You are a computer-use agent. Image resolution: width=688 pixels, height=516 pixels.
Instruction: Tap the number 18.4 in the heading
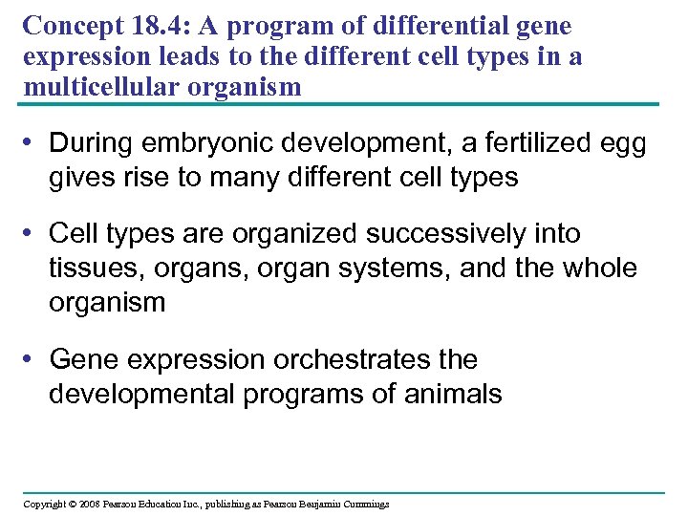point(159,24)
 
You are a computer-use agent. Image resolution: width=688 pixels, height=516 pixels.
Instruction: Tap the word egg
point(621,145)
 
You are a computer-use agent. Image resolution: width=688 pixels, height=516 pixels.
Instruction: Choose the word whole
point(599,269)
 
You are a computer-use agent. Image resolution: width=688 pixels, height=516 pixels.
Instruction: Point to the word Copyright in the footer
point(44,504)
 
